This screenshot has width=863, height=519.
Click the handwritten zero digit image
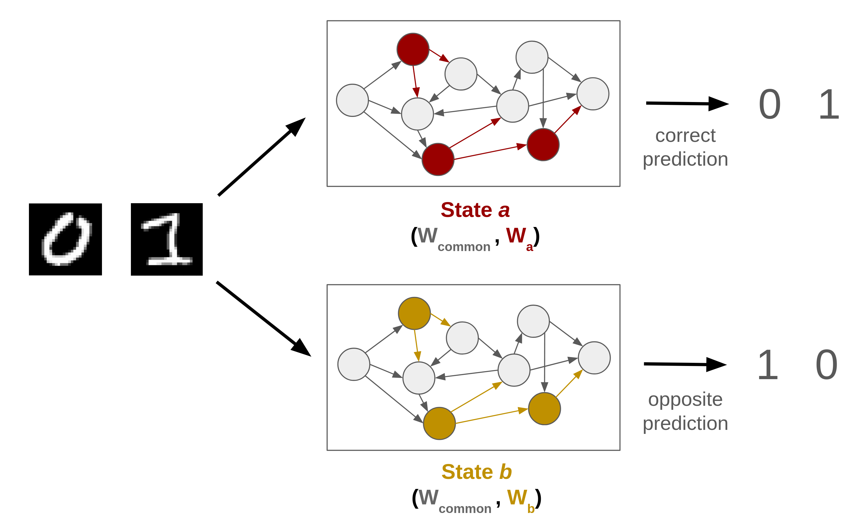[x=65, y=239]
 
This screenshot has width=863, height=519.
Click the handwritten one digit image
[x=167, y=239]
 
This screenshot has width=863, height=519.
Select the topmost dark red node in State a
[x=413, y=49]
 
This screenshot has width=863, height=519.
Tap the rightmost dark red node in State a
[x=543, y=144]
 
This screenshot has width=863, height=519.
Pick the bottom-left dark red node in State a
[x=438, y=159]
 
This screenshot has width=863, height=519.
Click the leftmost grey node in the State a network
[x=352, y=100]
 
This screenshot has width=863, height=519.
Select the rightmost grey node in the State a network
[x=593, y=94]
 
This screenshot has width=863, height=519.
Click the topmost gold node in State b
[x=414, y=313]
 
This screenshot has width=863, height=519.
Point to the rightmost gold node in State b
[x=544, y=408]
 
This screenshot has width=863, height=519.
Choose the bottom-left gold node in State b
[x=439, y=423]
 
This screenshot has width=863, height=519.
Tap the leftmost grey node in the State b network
[x=354, y=364]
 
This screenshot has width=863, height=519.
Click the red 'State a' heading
[x=475, y=210]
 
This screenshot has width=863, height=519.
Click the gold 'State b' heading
[x=476, y=472]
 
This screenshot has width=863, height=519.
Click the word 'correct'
[x=685, y=135]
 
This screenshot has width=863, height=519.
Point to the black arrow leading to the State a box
[x=262, y=157]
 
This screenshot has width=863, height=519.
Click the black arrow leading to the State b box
[x=264, y=319]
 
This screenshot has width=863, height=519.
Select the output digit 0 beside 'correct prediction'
[x=770, y=104]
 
